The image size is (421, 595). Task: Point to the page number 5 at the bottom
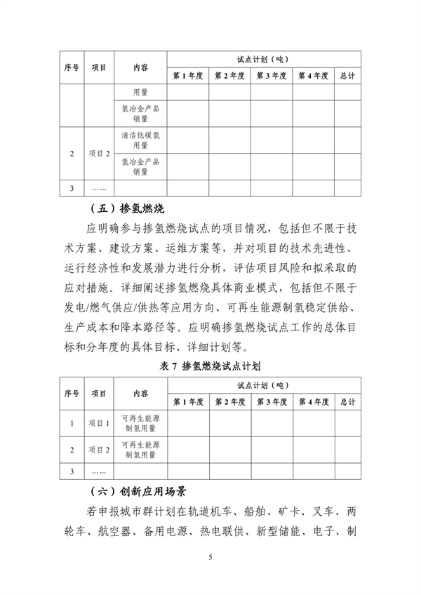210,557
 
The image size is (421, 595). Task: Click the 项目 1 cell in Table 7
99,423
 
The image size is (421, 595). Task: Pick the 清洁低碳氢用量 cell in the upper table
140,140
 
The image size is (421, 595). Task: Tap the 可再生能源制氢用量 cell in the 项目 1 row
140,423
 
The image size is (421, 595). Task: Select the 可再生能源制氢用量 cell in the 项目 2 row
140,449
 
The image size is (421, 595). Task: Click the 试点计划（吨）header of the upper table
263,59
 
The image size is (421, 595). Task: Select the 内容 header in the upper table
140,67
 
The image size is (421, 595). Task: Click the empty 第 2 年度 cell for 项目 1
229,423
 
